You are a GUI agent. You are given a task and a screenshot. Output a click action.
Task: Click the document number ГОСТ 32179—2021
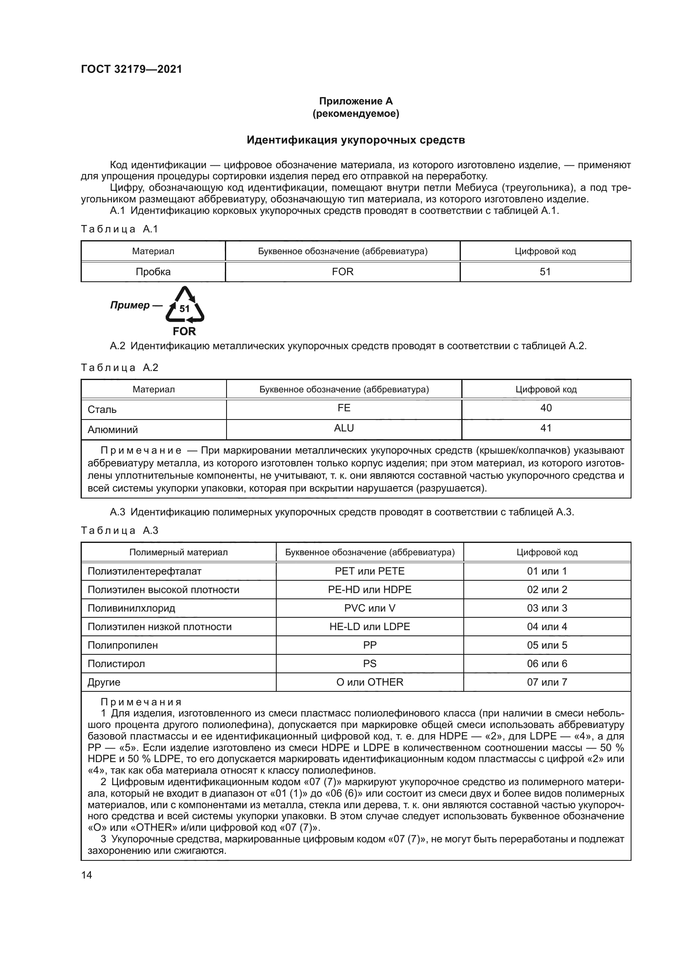(x=132, y=69)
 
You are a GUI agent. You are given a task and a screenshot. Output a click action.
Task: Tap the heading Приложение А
(x=356, y=101)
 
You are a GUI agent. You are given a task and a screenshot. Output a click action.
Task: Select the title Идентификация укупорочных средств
(x=356, y=140)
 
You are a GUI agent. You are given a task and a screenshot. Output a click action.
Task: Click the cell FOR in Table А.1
(x=342, y=272)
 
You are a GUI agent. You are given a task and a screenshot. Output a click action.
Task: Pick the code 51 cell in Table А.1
(x=545, y=272)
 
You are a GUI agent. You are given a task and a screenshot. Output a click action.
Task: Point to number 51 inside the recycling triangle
(x=185, y=309)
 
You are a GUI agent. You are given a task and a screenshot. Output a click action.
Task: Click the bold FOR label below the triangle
(x=184, y=331)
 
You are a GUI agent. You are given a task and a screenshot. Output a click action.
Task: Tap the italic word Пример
(x=130, y=306)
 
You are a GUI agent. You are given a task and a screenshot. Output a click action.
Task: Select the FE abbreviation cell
(x=344, y=408)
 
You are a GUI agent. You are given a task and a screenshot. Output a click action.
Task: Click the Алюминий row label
(x=113, y=430)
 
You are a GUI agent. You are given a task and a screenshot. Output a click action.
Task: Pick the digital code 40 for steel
(x=546, y=408)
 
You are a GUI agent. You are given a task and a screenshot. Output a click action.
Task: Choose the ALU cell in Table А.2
(x=344, y=428)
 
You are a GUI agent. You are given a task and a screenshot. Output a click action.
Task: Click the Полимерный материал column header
(x=178, y=552)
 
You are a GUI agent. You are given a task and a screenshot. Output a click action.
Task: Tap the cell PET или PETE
(x=370, y=572)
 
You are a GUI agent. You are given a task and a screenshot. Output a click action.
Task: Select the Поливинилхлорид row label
(x=131, y=608)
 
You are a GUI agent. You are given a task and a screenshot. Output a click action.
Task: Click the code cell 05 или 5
(x=547, y=645)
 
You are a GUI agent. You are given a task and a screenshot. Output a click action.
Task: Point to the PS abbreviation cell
(x=370, y=664)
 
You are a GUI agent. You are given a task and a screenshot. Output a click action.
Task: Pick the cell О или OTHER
(x=370, y=682)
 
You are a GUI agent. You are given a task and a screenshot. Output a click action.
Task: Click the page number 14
(x=87, y=875)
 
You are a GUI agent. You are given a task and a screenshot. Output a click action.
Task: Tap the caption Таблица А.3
(x=120, y=531)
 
